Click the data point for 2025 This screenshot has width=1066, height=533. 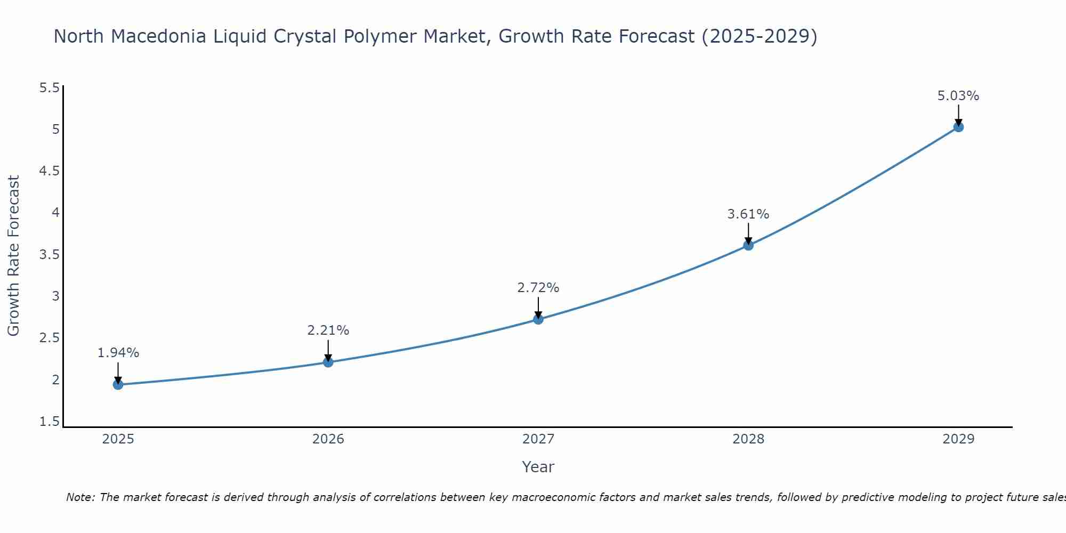pyautogui.click(x=118, y=384)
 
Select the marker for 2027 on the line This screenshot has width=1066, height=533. pyautogui.click(x=538, y=319)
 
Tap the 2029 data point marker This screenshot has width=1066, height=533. pyautogui.click(x=958, y=127)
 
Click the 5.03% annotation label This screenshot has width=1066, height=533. pyautogui.click(x=958, y=96)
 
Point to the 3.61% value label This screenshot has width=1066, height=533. pyautogui.click(x=748, y=214)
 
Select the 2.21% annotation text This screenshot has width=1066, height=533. pyautogui.click(x=328, y=330)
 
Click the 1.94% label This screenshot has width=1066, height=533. pyautogui.click(x=118, y=353)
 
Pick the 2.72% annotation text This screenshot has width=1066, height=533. pyautogui.click(x=538, y=288)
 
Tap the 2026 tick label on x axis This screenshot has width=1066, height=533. pyautogui.click(x=328, y=439)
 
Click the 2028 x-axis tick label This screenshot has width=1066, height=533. pyautogui.click(x=748, y=439)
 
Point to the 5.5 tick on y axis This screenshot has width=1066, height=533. pyautogui.click(x=49, y=88)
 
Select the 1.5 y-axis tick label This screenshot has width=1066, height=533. pyautogui.click(x=49, y=422)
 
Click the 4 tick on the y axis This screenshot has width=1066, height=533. pyautogui.click(x=55, y=213)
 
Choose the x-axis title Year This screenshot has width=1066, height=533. pyautogui.click(x=538, y=467)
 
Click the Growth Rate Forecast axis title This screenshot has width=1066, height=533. pyautogui.click(x=13, y=256)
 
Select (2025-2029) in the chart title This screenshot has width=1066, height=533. pyautogui.click(x=759, y=36)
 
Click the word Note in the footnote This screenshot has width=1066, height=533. pyautogui.click(x=80, y=497)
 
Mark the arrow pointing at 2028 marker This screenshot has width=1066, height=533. pyautogui.click(x=748, y=233)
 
